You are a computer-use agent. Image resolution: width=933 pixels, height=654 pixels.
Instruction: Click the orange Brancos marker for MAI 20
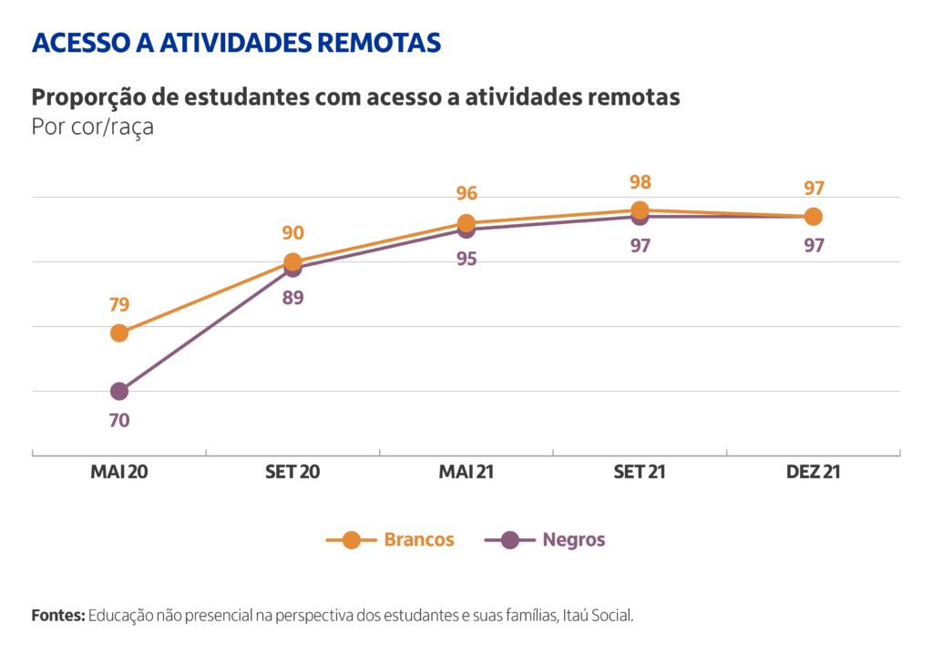[119, 333]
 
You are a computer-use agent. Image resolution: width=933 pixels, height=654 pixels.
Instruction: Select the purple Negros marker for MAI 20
[119, 392]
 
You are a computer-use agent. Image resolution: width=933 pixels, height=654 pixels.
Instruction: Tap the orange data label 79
[119, 303]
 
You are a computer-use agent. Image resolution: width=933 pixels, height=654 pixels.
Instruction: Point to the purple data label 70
[119, 421]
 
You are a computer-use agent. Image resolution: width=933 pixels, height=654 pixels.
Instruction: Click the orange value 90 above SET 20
[292, 233]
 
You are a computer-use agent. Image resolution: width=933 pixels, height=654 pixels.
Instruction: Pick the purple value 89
[292, 297]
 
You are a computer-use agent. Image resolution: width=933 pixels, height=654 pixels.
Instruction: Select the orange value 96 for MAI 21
[466, 194]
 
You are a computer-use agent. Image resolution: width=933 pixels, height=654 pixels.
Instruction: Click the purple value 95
[466, 260]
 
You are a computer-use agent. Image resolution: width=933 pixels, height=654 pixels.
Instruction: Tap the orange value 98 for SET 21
[640, 182]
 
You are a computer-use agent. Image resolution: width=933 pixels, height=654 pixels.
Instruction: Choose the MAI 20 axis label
[119, 472]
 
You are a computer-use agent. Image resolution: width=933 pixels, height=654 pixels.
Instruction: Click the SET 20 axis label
[292, 472]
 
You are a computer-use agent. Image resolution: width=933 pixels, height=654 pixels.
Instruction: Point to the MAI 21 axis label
[466, 472]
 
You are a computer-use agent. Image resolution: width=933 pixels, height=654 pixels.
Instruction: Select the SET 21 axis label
[640, 472]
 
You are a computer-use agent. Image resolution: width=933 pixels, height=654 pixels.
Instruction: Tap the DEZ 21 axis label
[813, 472]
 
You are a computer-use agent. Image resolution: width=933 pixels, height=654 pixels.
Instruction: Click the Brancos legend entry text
[419, 539]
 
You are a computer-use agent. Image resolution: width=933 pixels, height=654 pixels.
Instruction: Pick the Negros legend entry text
[574, 539]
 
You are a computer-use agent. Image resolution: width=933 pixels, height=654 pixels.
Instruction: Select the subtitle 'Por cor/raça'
[93, 127]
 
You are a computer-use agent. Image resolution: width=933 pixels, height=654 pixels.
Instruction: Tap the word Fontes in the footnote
[57, 616]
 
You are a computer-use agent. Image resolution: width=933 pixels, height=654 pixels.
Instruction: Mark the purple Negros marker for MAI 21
[466, 230]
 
